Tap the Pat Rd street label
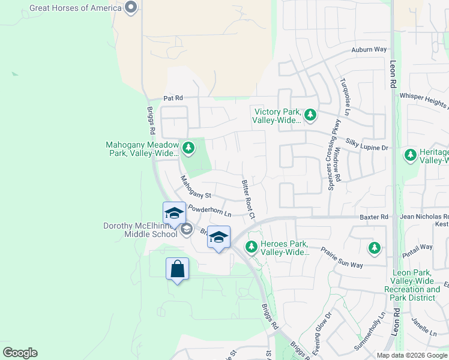pyautogui.click(x=173, y=97)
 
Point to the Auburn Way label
pyautogui.click(x=369, y=50)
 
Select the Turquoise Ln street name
pyautogui.click(x=345, y=96)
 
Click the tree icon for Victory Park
pyautogui.click(x=310, y=114)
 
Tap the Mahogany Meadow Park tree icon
pyautogui.click(x=188, y=148)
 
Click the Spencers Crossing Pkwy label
pyautogui.click(x=330, y=155)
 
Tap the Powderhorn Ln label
pyautogui.click(x=209, y=211)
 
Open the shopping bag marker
pyautogui.click(x=178, y=269)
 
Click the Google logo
pyautogui.click(x=20, y=353)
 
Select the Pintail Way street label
pyautogui.click(x=418, y=247)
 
